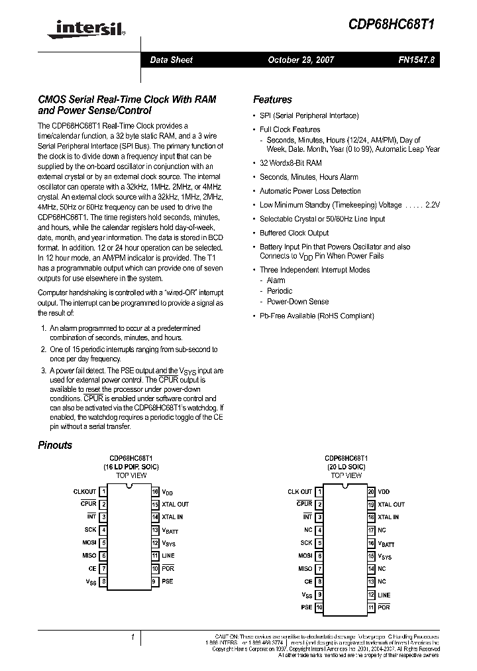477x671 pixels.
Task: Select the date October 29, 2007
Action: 301,60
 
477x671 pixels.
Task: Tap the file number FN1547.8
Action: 417,60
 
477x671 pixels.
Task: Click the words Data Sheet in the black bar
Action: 171,60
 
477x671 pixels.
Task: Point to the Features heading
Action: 272,99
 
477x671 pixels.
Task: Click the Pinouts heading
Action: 55,445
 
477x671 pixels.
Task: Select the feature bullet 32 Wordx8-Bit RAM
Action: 290,162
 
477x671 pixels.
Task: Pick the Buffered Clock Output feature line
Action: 293,233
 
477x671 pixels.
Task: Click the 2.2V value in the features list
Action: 431,205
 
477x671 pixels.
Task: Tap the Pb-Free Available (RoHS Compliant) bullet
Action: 317,316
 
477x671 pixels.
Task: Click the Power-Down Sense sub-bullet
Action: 297,302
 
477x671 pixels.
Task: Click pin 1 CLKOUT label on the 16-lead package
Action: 85,491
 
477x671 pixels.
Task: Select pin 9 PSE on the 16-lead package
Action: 167,581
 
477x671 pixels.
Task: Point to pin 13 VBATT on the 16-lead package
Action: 170,531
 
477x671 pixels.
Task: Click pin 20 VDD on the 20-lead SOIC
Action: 384,491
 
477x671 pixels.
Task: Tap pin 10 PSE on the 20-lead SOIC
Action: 305,607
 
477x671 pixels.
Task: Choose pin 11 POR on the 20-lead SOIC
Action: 383,607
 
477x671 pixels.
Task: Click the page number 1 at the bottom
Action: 133,638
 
